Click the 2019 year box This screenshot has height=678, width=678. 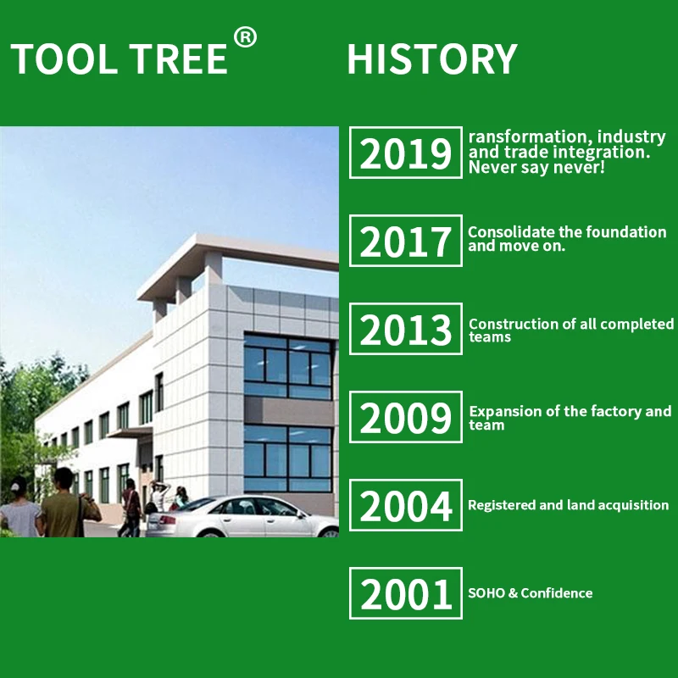click(x=406, y=153)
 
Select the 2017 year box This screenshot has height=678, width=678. click(x=406, y=241)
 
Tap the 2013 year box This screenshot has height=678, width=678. click(x=406, y=329)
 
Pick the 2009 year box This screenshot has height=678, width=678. click(x=406, y=417)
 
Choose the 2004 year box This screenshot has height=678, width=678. click(x=406, y=505)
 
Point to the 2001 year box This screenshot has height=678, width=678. click(x=406, y=593)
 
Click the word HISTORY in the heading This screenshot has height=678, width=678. click(x=432, y=58)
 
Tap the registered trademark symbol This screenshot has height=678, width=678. click(x=245, y=37)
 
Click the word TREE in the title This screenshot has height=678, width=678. click(x=178, y=58)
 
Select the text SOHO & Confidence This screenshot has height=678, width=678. click(x=531, y=592)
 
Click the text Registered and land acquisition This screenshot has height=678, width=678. click(x=568, y=505)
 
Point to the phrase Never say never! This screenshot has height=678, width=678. click(x=536, y=167)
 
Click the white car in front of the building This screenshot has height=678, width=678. click(x=242, y=516)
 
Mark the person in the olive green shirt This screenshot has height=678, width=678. click(x=69, y=503)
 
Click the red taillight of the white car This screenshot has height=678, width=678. click(x=168, y=520)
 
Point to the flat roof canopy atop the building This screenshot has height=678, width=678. click(x=238, y=264)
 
